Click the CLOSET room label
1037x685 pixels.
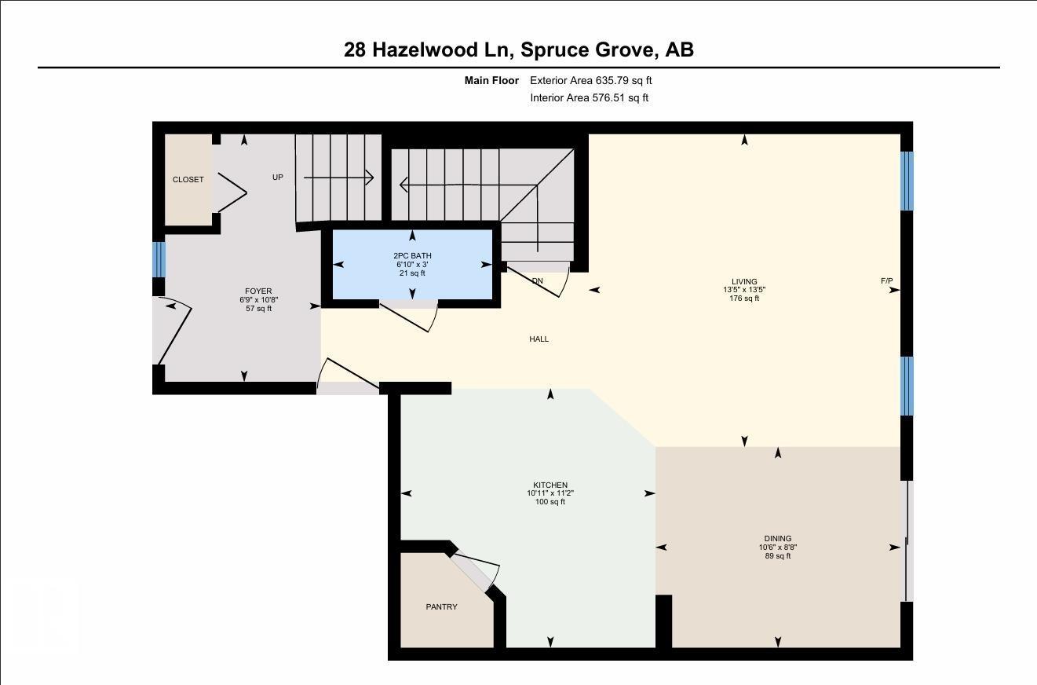click(x=188, y=180)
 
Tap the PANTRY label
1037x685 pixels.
click(x=441, y=607)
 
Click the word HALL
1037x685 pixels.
click(x=539, y=339)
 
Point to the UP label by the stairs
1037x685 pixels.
click(x=277, y=178)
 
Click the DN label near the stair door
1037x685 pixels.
click(x=537, y=281)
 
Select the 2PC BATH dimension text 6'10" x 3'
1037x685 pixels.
click(x=412, y=265)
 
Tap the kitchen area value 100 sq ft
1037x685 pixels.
click(x=550, y=502)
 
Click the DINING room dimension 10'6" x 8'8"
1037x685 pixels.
click(x=777, y=548)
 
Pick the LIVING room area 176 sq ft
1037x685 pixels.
click(x=744, y=299)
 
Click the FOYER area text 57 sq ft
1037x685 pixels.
click(x=258, y=309)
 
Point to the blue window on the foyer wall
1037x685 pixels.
click(x=159, y=259)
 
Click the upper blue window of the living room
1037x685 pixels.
click(x=907, y=181)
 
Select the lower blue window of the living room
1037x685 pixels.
click(x=907, y=386)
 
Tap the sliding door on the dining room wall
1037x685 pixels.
click(x=907, y=540)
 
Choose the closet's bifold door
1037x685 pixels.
click(x=232, y=192)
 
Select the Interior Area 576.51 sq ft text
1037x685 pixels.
click(x=589, y=98)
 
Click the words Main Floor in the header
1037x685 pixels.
click(x=491, y=80)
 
